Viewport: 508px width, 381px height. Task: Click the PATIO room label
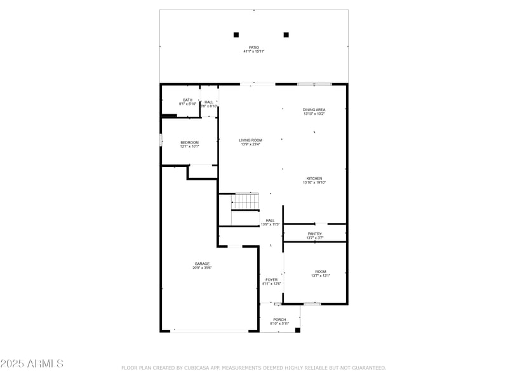pos(253,47)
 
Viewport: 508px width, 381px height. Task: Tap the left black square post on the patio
pos(236,35)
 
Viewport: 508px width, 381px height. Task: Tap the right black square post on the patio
pos(286,35)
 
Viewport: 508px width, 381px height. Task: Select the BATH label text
pos(187,100)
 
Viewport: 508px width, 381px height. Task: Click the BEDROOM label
pos(189,142)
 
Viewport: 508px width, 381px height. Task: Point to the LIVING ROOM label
pos(250,140)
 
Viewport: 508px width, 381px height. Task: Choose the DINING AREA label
pos(314,110)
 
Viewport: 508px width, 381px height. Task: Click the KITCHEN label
pos(314,178)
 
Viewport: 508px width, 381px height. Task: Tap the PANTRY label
pos(315,234)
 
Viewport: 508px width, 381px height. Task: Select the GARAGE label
pos(202,264)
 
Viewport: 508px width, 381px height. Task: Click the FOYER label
pos(271,279)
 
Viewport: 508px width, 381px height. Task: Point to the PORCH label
pos(279,319)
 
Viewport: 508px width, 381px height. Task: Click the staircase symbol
pos(245,202)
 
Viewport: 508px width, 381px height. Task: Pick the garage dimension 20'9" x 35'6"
pos(202,268)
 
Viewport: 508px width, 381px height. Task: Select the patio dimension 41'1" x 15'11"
pos(253,51)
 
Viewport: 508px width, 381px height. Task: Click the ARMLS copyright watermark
pos(32,364)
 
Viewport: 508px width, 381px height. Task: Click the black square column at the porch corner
pos(297,330)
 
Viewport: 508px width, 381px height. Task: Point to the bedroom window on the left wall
pos(161,139)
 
